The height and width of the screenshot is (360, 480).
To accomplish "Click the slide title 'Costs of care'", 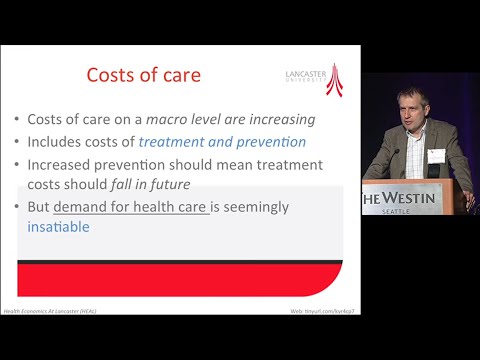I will click(x=143, y=76).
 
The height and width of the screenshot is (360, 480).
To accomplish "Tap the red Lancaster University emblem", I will click(x=333, y=79).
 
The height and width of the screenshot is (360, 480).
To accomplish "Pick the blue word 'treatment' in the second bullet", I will click(x=177, y=141).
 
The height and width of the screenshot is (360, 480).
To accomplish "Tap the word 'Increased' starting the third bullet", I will click(x=63, y=163).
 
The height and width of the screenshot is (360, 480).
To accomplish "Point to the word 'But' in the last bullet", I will click(x=38, y=207).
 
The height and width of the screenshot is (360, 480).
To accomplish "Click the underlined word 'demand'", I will click(x=82, y=207).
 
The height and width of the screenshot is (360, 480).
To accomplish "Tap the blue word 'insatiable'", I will click(x=58, y=227).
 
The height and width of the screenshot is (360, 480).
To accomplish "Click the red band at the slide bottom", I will click(x=180, y=280).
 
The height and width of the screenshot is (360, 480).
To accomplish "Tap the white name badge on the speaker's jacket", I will click(x=436, y=155).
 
